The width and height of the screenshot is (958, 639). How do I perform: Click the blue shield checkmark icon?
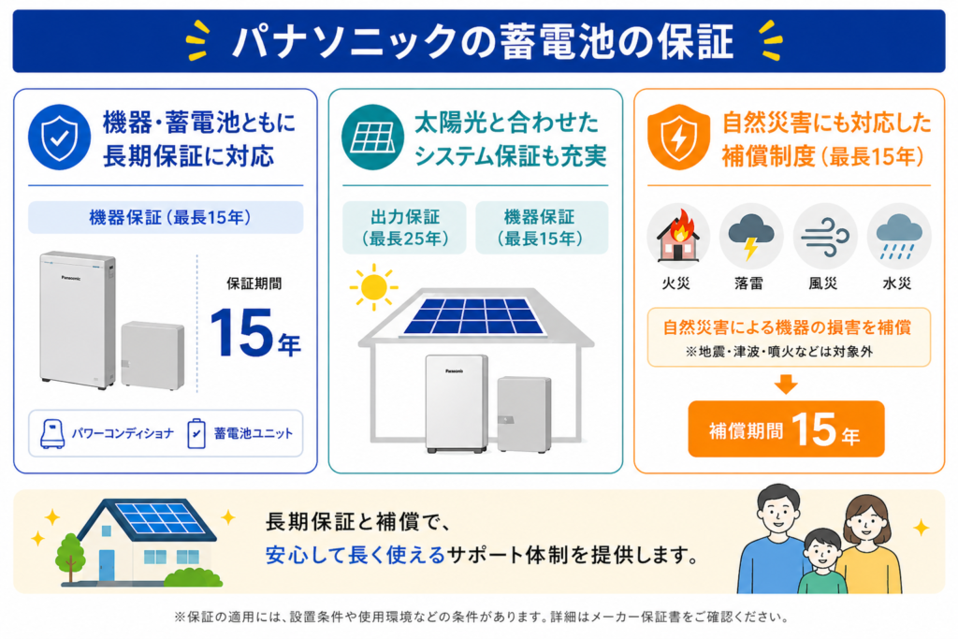tap(60, 138)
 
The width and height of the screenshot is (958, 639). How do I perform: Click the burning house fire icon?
tap(677, 237)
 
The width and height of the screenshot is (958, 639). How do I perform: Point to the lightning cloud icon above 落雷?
tap(750, 236)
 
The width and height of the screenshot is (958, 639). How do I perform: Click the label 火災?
tap(677, 282)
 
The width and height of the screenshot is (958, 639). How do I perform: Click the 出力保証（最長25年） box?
tap(404, 227)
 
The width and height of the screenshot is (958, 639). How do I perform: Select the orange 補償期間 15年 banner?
tap(786, 429)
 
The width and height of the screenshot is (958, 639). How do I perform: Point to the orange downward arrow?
tap(787, 384)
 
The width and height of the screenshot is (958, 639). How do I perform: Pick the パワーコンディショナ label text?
tap(122, 433)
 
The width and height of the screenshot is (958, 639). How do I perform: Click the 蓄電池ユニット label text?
tap(253, 433)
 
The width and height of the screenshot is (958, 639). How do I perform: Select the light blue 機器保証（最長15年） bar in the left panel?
tap(166, 217)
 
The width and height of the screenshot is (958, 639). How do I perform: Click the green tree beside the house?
tap(70, 555)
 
